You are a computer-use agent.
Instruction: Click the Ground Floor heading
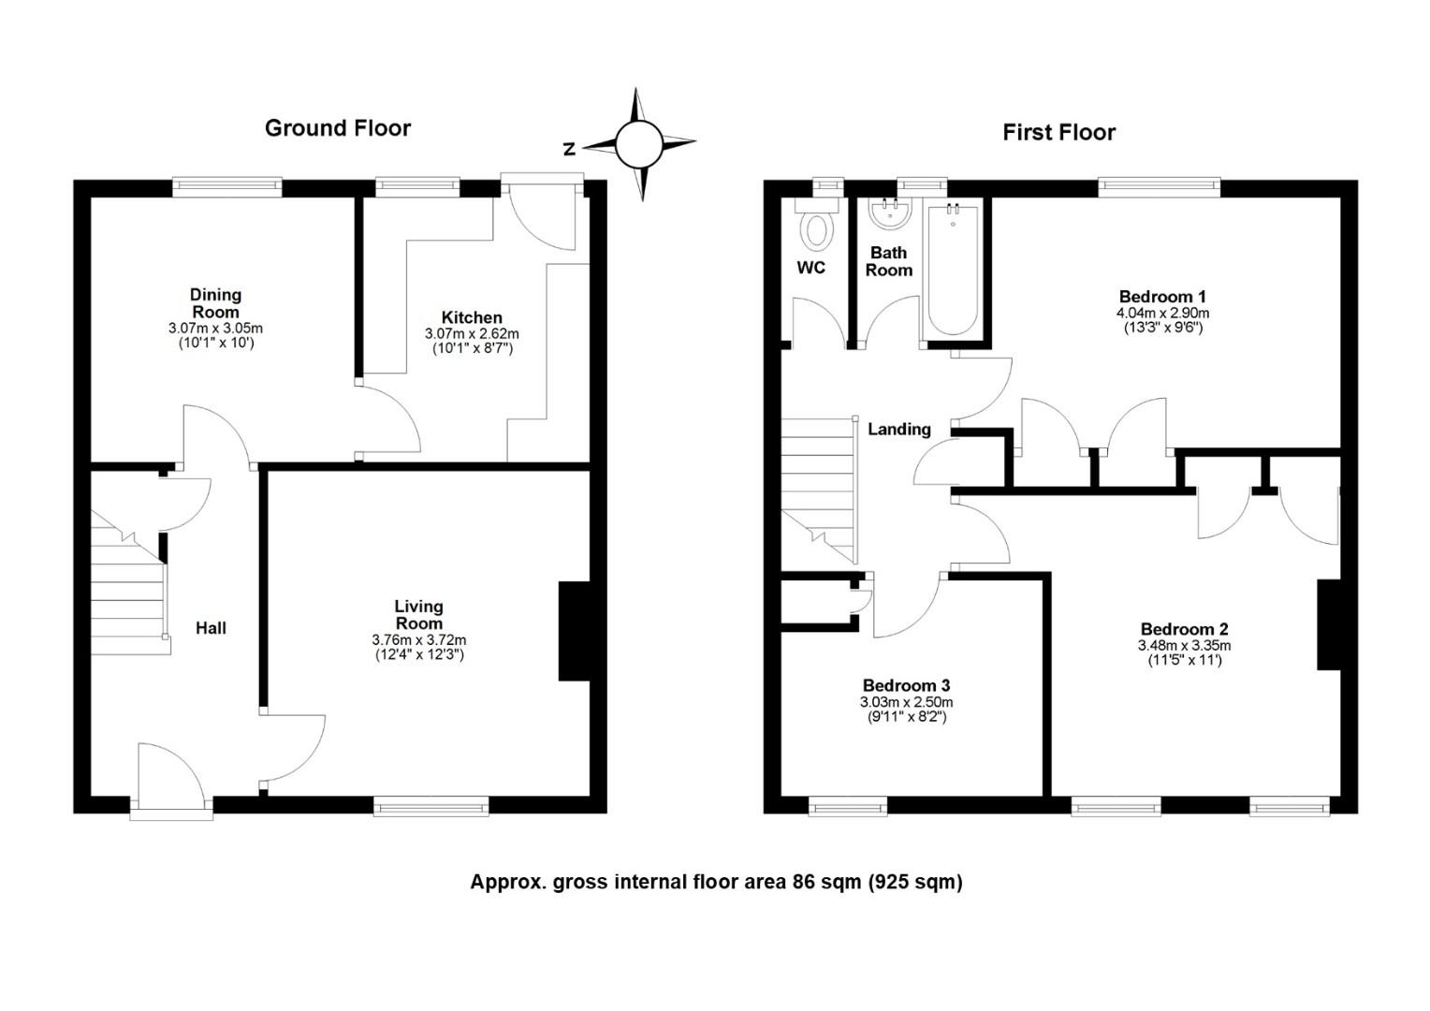(x=338, y=128)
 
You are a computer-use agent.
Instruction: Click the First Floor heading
(x=1058, y=132)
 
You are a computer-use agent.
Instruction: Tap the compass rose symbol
(x=639, y=145)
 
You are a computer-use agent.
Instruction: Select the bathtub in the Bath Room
(x=953, y=270)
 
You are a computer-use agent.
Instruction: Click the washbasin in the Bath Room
(x=891, y=213)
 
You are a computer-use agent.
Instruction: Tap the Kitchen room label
(x=472, y=317)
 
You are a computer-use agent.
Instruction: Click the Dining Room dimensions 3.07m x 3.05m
(x=216, y=329)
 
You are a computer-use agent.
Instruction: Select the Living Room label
(x=418, y=614)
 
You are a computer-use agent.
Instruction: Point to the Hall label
(x=211, y=628)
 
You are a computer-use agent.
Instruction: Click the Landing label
(x=898, y=429)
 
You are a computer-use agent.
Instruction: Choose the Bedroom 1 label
(x=1162, y=297)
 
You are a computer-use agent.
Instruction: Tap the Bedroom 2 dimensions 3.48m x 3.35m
(x=1184, y=645)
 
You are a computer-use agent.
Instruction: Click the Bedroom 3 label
(x=907, y=685)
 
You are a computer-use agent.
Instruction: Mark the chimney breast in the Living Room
(x=574, y=631)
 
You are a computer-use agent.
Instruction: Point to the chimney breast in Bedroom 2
(x=1329, y=624)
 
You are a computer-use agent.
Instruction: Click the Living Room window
(x=431, y=806)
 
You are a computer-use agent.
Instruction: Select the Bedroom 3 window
(x=849, y=806)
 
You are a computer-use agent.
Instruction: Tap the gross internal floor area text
(x=716, y=882)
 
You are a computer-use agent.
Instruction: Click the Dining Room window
(x=227, y=187)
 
